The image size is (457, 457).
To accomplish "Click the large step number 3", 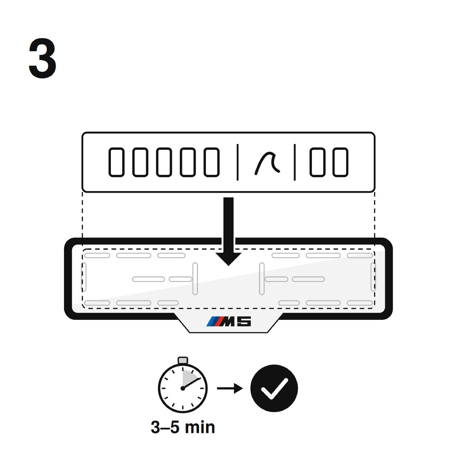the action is (x=42, y=58).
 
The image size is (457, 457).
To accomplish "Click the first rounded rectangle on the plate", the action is (x=117, y=162).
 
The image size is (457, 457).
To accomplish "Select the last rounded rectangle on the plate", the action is (x=340, y=162).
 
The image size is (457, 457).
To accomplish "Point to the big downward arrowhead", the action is (x=228, y=259).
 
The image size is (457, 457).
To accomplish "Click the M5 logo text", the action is (x=228, y=321).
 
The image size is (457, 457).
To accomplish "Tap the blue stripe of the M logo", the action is (x=211, y=321).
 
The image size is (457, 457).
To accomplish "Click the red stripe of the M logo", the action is (x=219, y=321).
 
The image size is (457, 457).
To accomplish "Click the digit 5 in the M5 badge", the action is (x=244, y=321).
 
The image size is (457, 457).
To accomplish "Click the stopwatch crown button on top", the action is (x=183, y=361).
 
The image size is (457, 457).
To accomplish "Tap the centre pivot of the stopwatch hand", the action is (x=183, y=388).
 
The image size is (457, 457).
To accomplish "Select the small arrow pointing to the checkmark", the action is (x=230, y=388).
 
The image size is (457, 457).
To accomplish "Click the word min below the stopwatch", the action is (x=200, y=427).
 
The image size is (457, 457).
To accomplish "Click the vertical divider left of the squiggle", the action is (x=237, y=162).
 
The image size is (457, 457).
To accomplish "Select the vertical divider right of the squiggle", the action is (x=294, y=162).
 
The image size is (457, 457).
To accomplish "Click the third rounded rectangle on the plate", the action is (x=164, y=162).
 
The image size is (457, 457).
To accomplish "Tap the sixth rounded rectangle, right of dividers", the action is (x=318, y=162).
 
